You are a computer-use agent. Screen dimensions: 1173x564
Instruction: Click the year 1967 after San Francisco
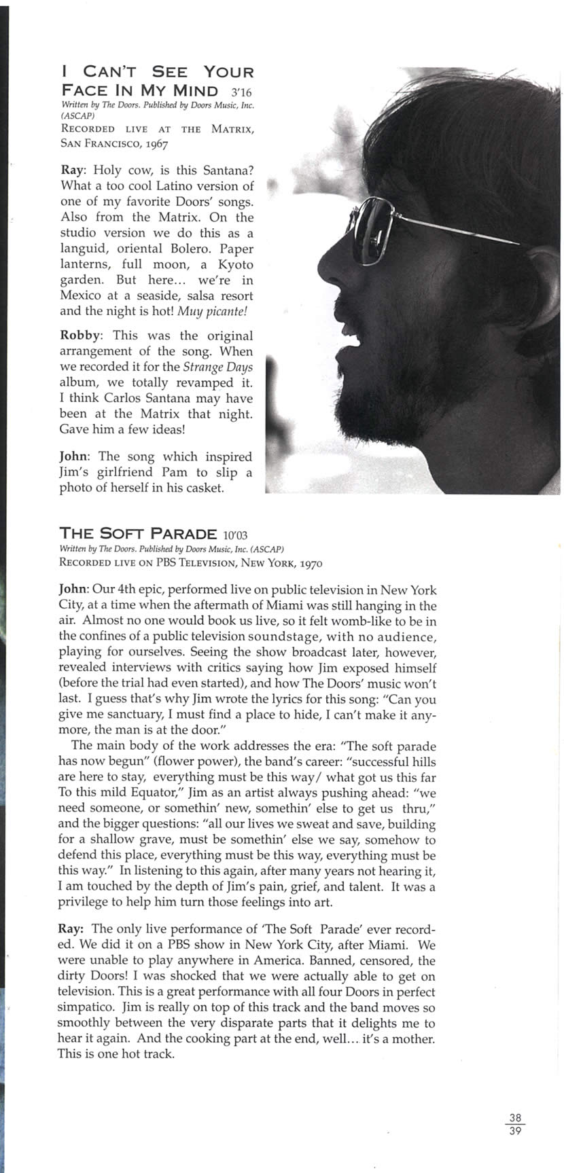[x=156, y=143]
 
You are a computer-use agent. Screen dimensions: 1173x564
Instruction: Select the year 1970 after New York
[x=309, y=563]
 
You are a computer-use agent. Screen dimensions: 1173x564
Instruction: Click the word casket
[x=202, y=488]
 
